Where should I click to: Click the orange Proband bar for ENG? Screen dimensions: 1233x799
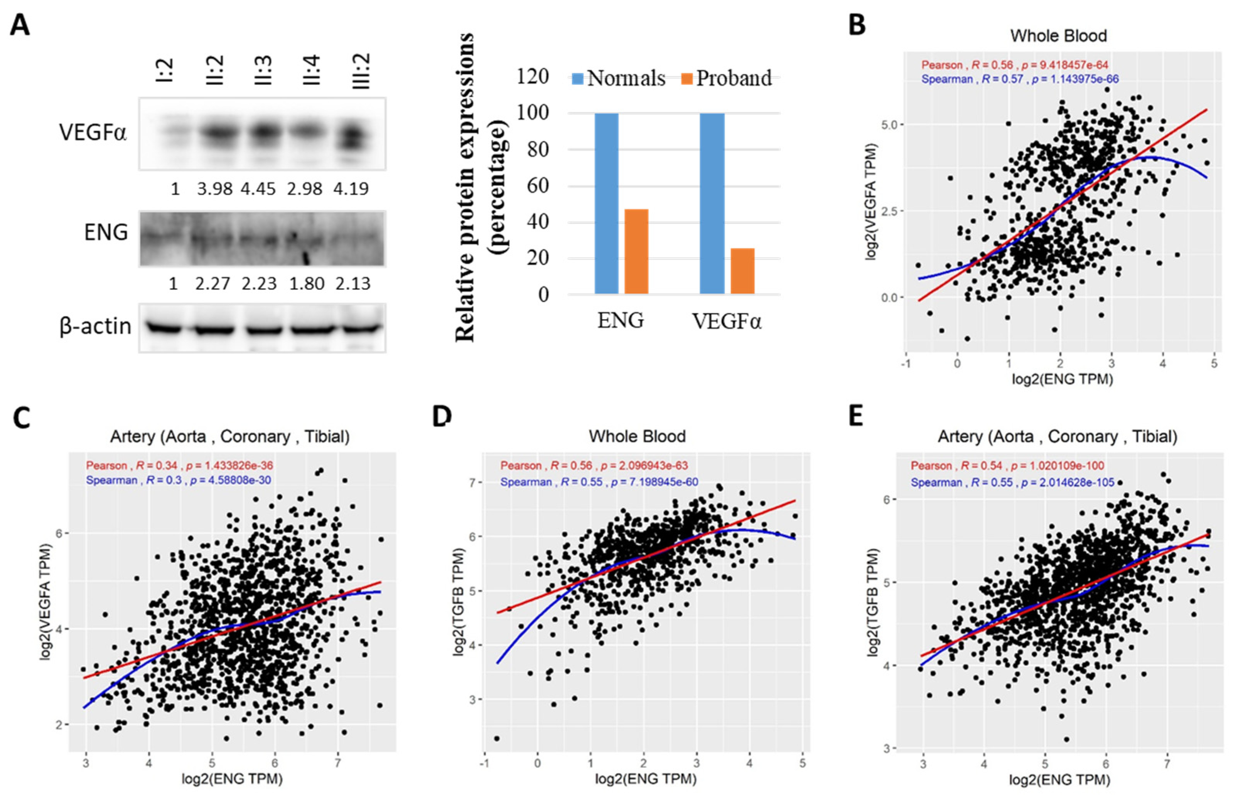point(636,252)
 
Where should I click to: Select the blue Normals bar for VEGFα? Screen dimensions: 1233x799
point(712,204)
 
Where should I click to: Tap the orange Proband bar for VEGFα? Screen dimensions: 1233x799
point(742,271)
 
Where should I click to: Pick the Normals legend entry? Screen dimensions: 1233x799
point(619,78)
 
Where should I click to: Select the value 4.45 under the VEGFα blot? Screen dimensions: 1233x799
point(258,188)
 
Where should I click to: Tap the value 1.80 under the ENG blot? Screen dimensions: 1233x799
point(307,284)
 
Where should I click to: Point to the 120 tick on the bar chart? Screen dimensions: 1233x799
point(533,77)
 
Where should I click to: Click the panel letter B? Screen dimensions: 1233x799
point(857,24)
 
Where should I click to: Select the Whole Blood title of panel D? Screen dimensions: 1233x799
point(637,437)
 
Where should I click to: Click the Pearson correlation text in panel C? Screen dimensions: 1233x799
point(180,466)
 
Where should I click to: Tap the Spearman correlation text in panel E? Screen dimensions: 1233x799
point(1013,483)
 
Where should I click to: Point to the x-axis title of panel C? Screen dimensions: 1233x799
point(232,779)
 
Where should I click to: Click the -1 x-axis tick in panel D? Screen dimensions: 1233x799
point(484,763)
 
